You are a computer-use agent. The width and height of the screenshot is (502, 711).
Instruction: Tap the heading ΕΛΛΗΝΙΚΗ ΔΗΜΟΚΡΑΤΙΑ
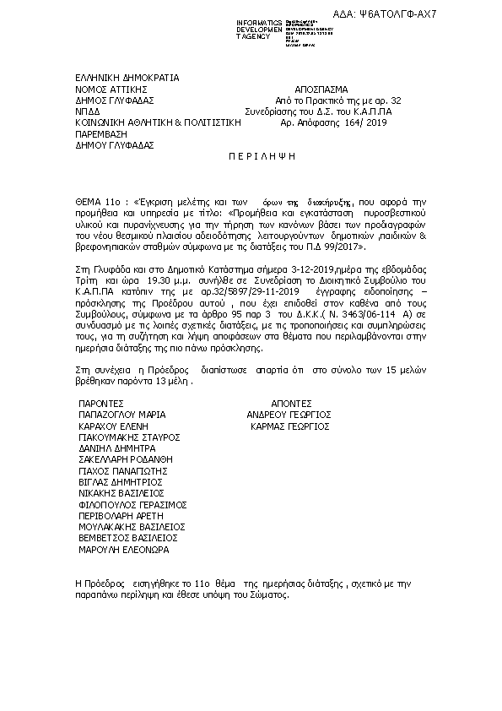coord(127,78)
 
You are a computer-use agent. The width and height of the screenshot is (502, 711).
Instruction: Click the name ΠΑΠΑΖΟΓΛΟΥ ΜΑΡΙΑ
coord(121,415)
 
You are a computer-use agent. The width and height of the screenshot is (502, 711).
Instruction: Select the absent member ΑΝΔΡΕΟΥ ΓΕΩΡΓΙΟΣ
coord(289,415)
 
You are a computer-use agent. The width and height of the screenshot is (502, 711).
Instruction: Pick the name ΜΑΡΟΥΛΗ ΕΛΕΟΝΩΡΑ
coord(123,549)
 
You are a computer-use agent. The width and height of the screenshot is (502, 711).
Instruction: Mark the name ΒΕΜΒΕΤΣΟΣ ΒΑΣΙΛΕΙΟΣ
coord(127,537)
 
